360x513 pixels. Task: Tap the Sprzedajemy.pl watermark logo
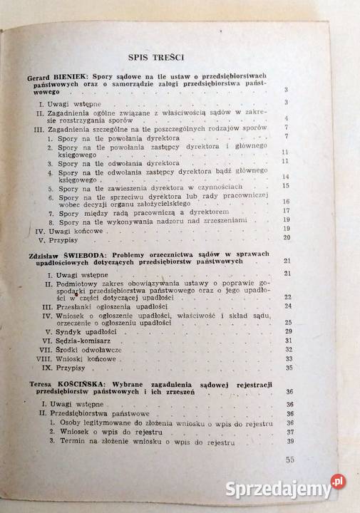point(283,489)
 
